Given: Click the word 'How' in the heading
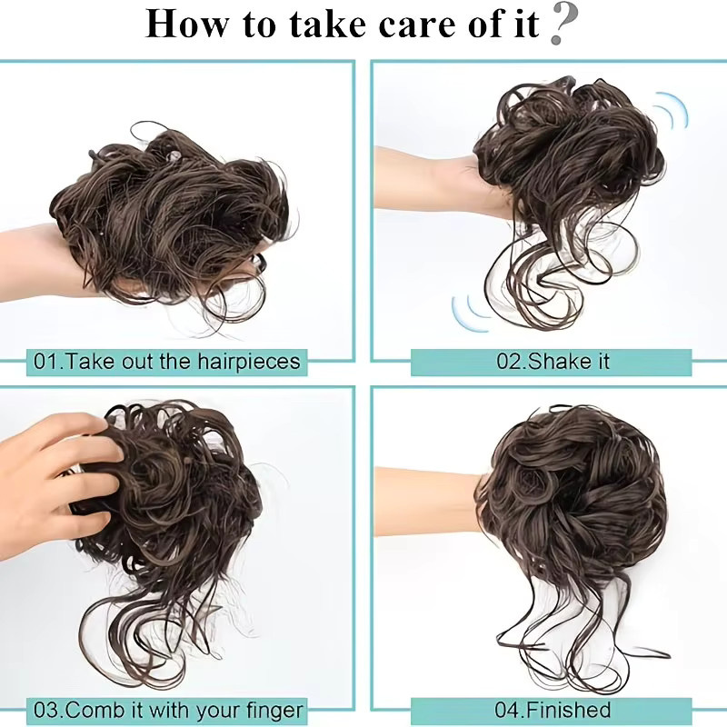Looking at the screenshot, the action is (186, 25).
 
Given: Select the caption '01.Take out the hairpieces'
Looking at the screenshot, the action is (167, 361).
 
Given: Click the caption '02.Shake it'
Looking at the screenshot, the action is (553, 361).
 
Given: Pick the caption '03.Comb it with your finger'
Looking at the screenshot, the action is (168, 710).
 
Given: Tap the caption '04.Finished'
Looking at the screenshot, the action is (553, 710).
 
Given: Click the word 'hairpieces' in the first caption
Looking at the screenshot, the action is (249, 361).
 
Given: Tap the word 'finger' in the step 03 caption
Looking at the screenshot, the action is (275, 710).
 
